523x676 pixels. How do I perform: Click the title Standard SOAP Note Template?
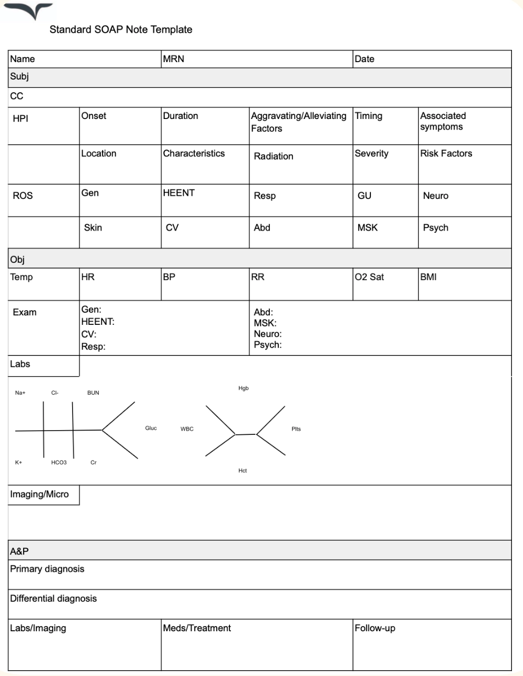(x=120, y=29)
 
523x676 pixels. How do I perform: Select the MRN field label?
(x=174, y=59)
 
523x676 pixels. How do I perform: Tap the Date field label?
(x=364, y=59)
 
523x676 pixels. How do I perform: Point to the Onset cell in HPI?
(x=94, y=116)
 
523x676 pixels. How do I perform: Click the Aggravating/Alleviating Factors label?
(x=298, y=122)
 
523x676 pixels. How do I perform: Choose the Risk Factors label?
(x=446, y=153)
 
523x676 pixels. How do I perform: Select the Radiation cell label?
(x=273, y=156)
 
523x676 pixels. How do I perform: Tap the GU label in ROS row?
(x=364, y=195)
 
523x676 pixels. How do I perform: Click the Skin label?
(x=93, y=227)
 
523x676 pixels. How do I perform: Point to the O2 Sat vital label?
(x=369, y=277)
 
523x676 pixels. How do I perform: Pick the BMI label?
(x=428, y=277)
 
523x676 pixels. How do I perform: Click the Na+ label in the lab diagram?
(x=20, y=393)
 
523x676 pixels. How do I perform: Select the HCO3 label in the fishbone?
(x=59, y=462)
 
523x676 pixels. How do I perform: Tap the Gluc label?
(x=151, y=428)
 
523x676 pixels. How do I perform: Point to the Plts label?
(x=296, y=429)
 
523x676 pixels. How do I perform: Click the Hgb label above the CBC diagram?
(x=243, y=388)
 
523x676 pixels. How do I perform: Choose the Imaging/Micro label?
(x=39, y=494)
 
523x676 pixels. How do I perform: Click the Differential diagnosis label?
(x=53, y=599)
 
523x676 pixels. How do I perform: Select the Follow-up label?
(x=375, y=628)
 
